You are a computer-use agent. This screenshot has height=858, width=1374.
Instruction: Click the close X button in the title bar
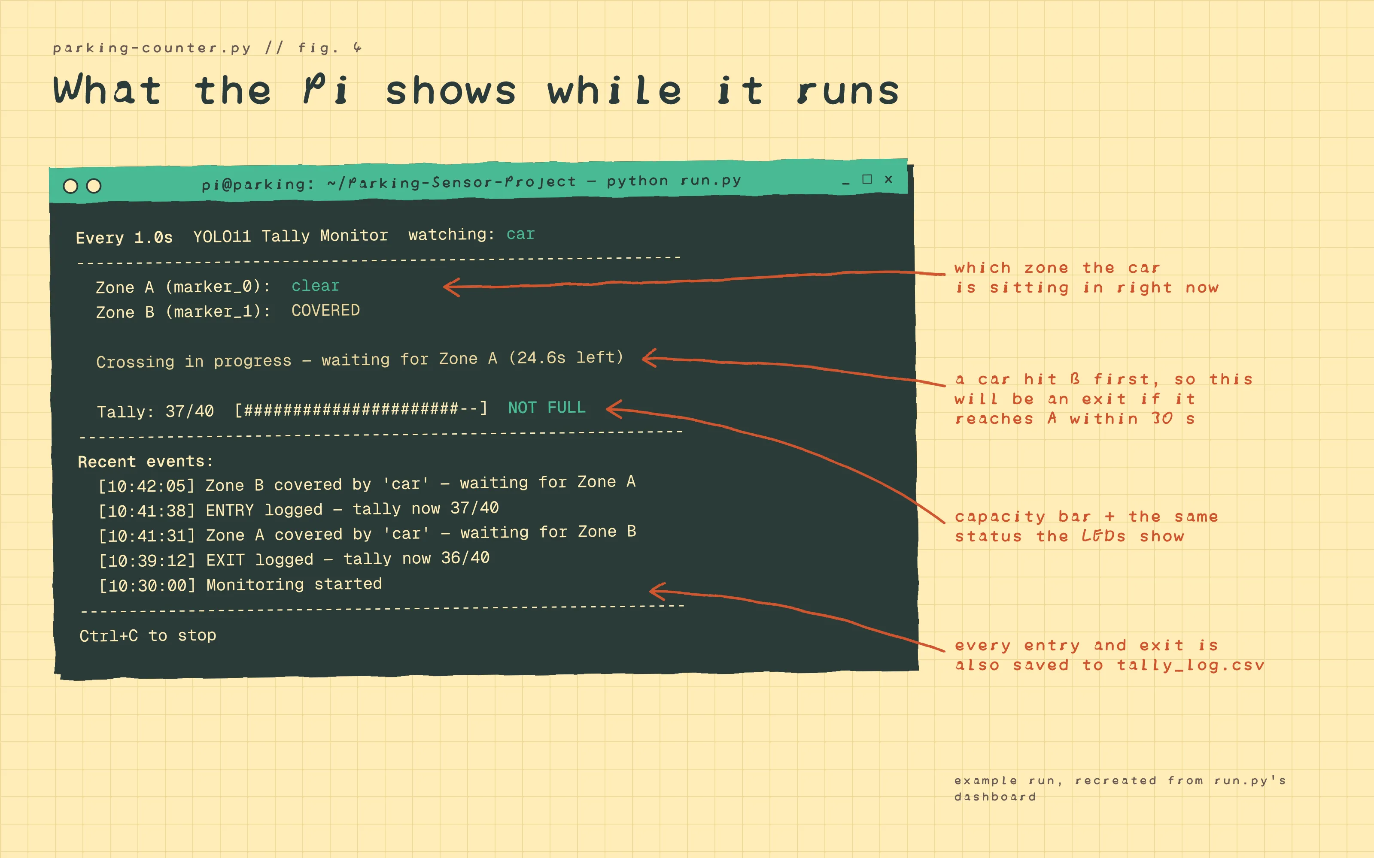[x=888, y=179]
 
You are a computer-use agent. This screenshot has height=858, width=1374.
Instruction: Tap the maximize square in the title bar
[x=867, y=179]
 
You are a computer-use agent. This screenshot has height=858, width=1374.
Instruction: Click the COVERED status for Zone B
[x=325, y=311]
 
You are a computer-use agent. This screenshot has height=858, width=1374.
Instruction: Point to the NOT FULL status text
[x=546, y=408]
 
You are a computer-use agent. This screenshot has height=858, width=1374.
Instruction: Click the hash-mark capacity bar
[x=361, y=409]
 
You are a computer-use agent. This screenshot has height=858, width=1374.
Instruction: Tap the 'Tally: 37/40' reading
[x=155, y=411]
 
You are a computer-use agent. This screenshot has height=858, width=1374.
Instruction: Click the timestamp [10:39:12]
[x=147, y=561]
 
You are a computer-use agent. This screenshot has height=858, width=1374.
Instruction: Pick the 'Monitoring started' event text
[x=294, y=584]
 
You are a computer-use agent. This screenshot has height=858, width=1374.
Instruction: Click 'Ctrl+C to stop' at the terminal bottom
[x=148, y=635]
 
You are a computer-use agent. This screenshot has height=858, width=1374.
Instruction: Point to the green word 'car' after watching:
[x=521, y=234]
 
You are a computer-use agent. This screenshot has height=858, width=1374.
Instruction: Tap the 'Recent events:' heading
[x=146, y=461]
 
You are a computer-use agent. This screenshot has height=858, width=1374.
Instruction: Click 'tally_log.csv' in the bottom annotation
[x=1191, y=665]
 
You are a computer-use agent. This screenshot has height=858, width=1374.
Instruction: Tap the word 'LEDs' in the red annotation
[x=1103, y=536]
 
